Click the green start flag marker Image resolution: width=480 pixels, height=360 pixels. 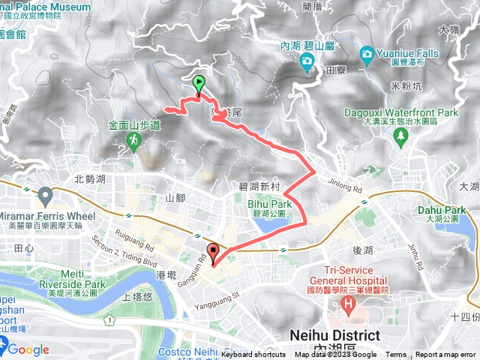pos(199,84)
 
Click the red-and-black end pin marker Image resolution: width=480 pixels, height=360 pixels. pos(214,253)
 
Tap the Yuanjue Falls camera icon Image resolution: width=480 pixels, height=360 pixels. pos(366,53)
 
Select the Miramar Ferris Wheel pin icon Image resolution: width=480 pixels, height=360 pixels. pos(45,197)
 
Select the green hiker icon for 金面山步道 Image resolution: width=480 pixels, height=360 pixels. pos(134,140)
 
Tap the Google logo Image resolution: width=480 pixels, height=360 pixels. pos(28,349)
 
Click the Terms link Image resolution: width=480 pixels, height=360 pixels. pos(396,355)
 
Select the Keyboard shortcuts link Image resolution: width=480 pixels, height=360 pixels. pos(253,355)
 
